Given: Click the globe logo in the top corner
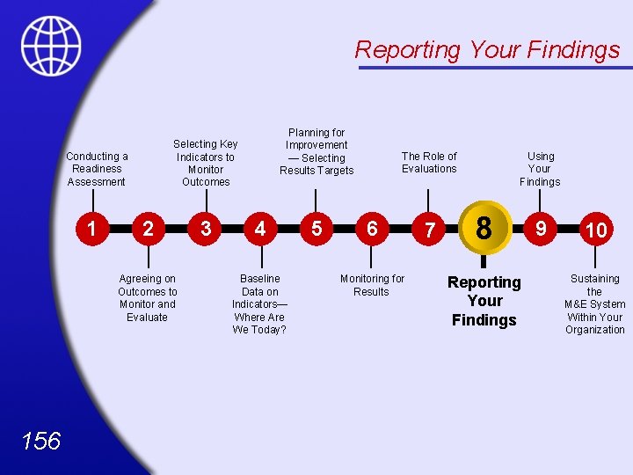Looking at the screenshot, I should pos(51,46).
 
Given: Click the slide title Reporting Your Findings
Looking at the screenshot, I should pos(487,50).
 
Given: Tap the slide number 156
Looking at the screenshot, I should pos(41,440).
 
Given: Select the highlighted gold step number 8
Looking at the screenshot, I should pos(484,228).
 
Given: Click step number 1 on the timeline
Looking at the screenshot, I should pos(92,229).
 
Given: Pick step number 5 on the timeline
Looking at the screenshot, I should pos(316,229).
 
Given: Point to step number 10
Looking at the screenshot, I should pos(595,230).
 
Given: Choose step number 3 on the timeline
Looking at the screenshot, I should pos(205,229).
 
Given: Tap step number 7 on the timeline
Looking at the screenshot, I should pos(429,230).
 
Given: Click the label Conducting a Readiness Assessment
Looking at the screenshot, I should pos(97,169).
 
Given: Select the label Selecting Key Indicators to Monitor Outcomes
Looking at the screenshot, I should pos(206,163).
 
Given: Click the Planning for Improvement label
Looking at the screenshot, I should pos(316,151).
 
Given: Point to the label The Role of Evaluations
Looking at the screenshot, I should pos(429,162).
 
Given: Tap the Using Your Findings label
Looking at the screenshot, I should pos(540,169).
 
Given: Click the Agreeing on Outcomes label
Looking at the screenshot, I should pos(148,298).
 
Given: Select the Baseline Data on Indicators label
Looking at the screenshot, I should pos(259,304).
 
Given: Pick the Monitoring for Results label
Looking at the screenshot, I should pos(372,285).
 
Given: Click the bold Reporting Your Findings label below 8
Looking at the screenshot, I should pos(484,301).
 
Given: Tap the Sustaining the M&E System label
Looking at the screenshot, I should pos(595,304).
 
